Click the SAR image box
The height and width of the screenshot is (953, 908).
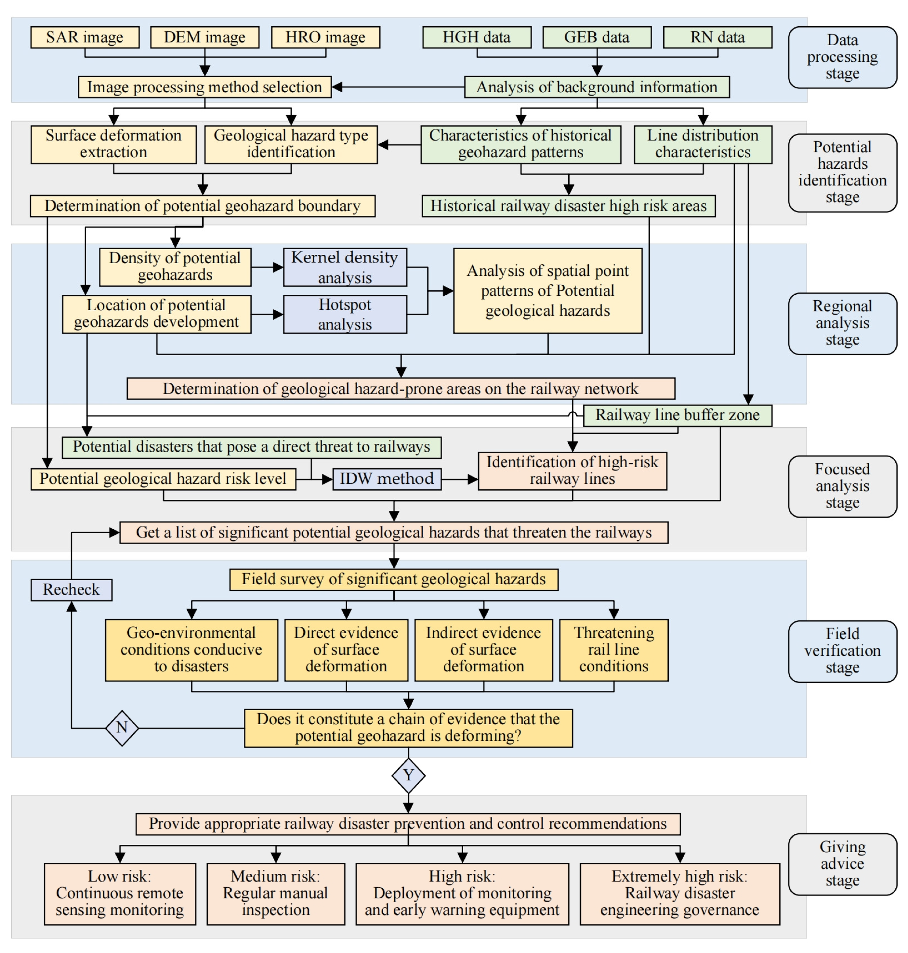85,37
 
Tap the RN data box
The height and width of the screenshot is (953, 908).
717,37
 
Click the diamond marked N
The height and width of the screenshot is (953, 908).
122,727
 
